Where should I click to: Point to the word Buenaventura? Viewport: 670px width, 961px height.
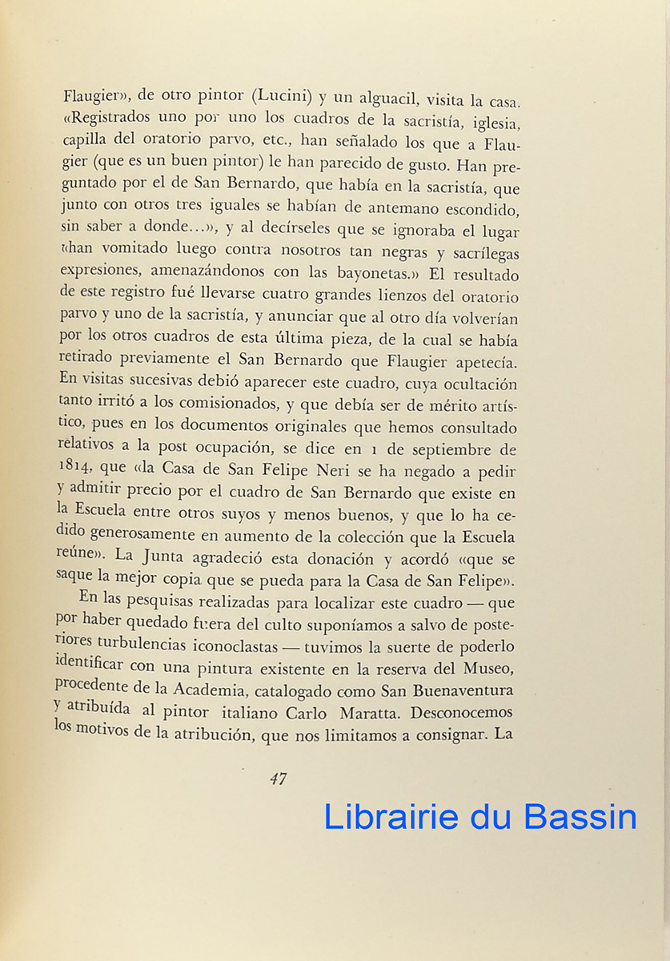coord(458,690)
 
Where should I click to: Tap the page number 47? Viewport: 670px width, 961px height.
coord(278,779)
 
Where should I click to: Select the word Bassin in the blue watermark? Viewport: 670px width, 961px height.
coord(582,817)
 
